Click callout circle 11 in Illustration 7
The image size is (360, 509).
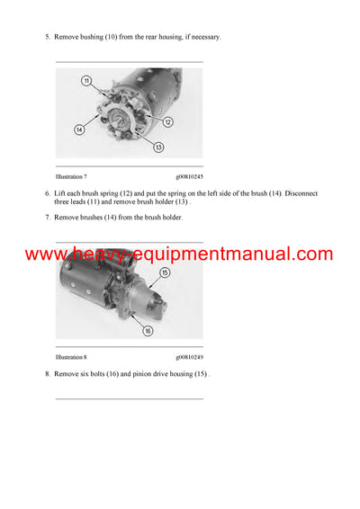pyautogui.click(x=86, y=81)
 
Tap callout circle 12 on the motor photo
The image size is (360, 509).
pyautogui.click(x=167, y=122)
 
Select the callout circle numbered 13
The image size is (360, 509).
pyautogui.click(x=158, y=147)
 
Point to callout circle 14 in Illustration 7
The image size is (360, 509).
pyautogui.click(x=79, y=129)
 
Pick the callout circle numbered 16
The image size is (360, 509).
pyautogui.click(x=148, y=330)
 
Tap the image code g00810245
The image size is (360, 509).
pyautogui.click(x=189, y=177)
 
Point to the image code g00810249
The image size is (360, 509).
pyautogui.click(x=189, y=357)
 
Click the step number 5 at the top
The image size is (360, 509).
pyautogui.click(x=47, y=37)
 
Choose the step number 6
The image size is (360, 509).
pyautogui.click(x=47, y=194)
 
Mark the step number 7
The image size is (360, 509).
pyautogui.click(x=47, y=219)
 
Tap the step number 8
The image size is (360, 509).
pyautogui.click(x=47, y=374)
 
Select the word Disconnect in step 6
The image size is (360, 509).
pyautogui.click(x=297, y=194)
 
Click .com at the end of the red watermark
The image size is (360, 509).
pyautogui.click(x=310, y=254)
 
